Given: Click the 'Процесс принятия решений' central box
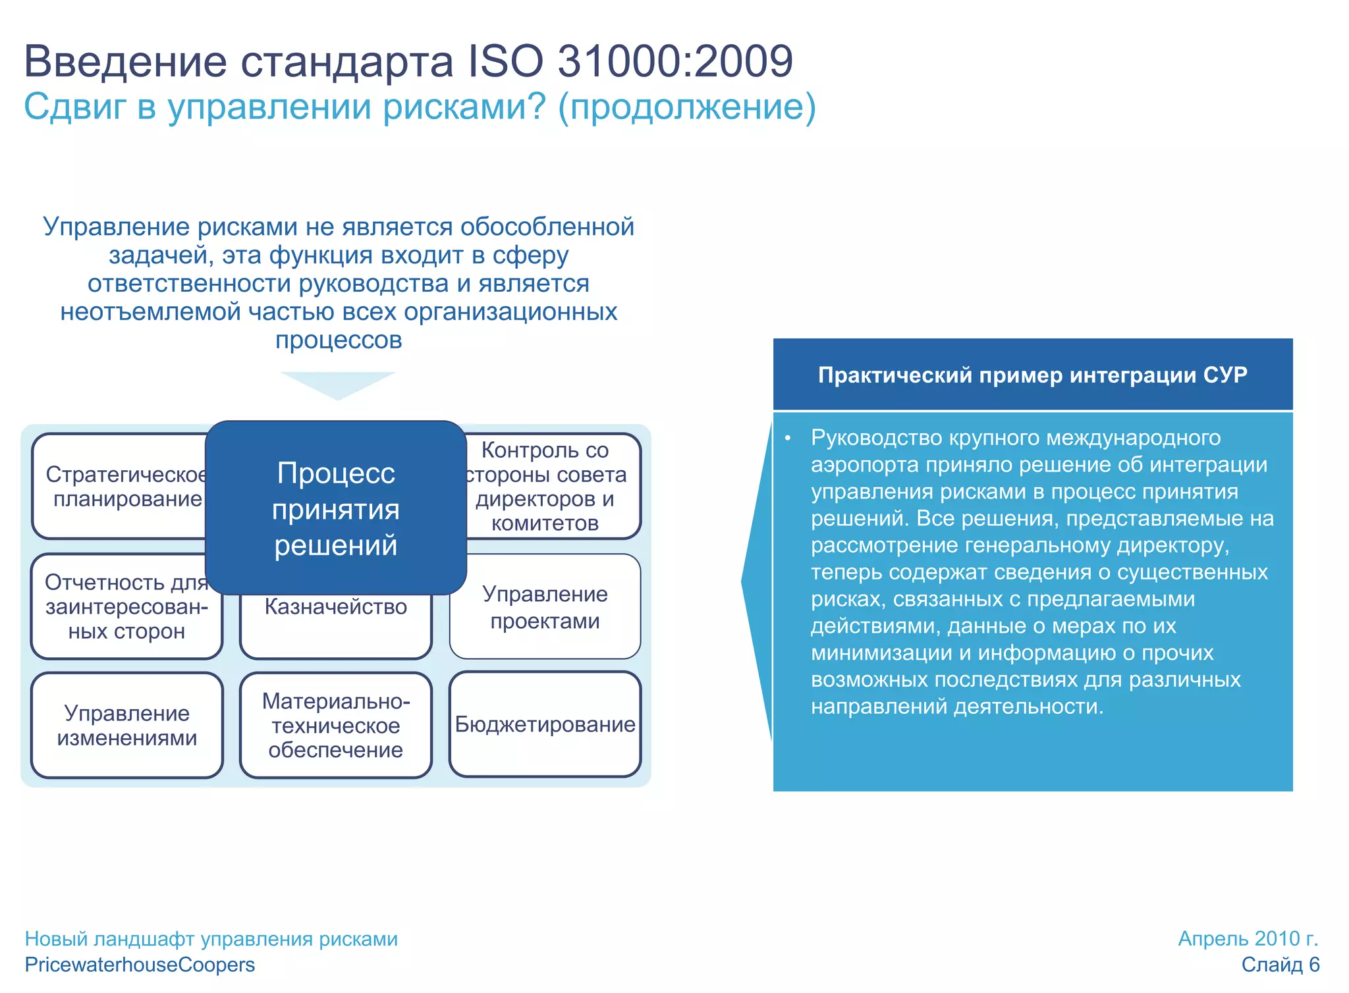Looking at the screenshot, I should click(x=336, y=508).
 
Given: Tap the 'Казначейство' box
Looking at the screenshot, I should click(x=336, y=622).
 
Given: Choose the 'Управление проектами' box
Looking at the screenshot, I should click(x=545, y=607).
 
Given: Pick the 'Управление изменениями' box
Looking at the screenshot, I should click(x=127, y=725).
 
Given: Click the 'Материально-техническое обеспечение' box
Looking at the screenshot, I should click(x=336, y=725).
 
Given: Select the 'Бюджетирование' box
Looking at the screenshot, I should click(x=545, y=725).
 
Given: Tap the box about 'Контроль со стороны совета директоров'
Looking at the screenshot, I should click(x=553, y=486).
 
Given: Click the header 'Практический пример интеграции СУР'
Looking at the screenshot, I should click(x=1032, y=375).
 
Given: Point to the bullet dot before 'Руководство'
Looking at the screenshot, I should click(x=787, y=439).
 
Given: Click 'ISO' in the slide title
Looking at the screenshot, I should click(x=505, y=61).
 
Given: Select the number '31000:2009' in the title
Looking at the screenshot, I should click(x=675, y=61).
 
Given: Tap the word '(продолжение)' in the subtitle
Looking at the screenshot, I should click(x=686, y=107).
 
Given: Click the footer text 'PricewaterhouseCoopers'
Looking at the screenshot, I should click(x=140, y=965).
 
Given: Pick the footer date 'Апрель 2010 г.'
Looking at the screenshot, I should click(x=1248, y=938).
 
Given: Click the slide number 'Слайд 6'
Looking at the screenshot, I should click(x=1280, y=965).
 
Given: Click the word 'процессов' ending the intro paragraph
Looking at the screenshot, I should click(x=339, y=340).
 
